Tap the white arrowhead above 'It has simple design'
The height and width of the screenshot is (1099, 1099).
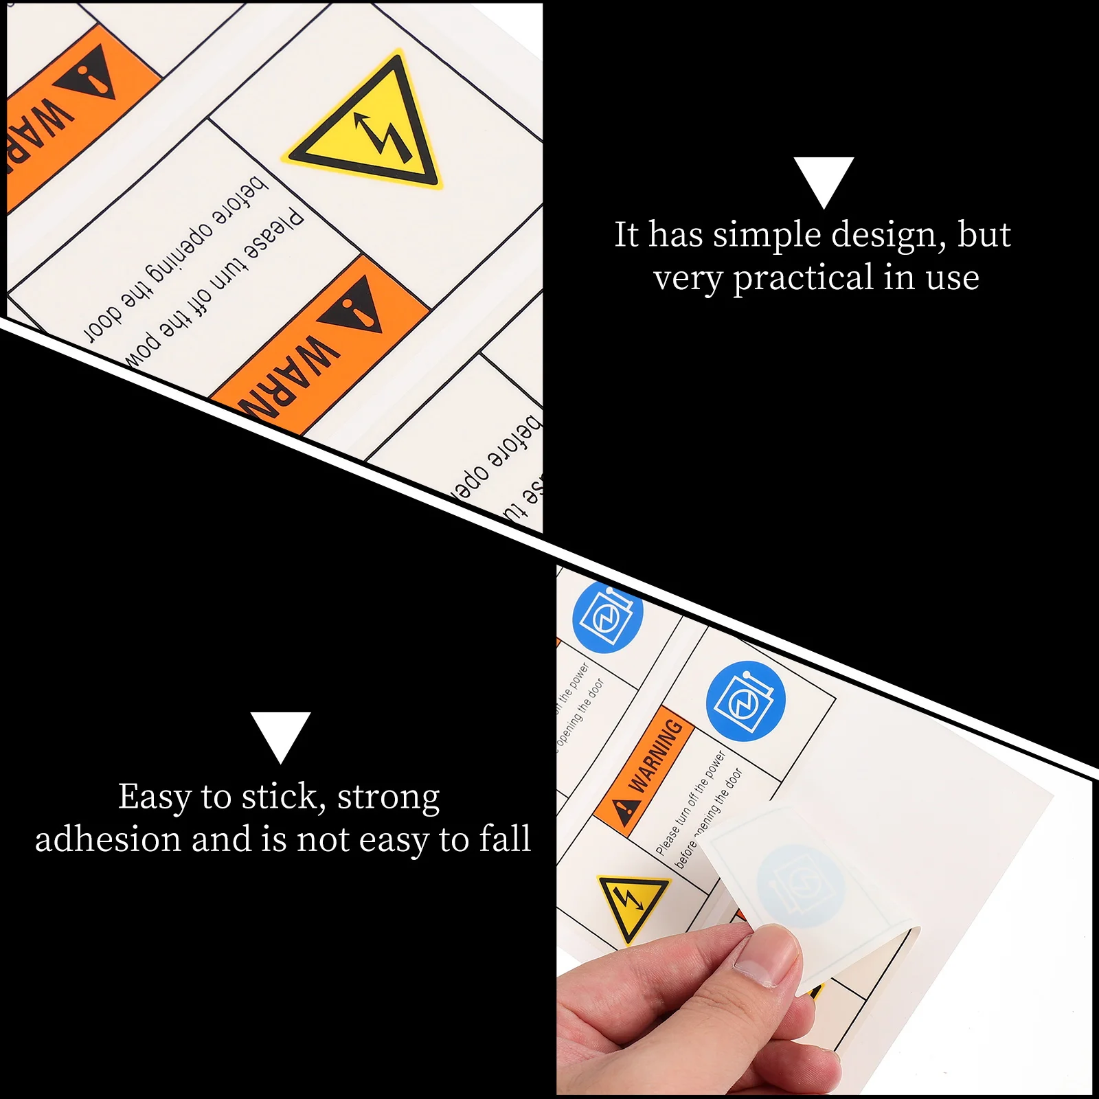coord(824,179)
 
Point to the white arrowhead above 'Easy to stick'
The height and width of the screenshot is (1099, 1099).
coord(280,734)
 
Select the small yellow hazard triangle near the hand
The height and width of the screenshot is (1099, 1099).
coord(631,905)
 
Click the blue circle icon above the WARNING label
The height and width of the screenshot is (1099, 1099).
coord(745,701)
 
